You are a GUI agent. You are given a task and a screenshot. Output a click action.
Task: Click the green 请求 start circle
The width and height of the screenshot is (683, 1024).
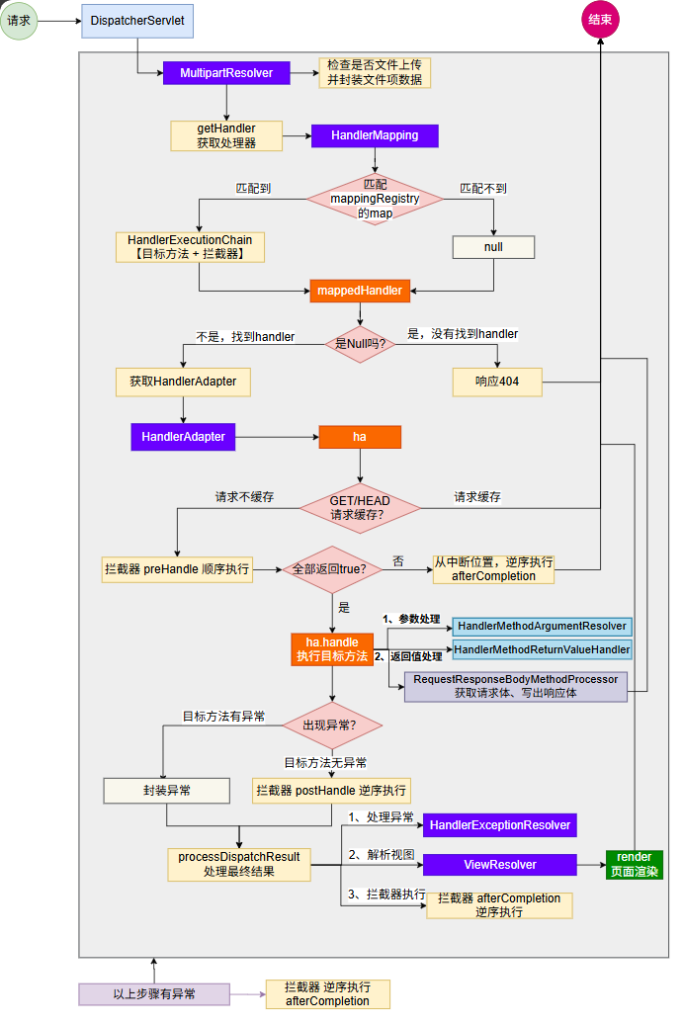tap(18, 19)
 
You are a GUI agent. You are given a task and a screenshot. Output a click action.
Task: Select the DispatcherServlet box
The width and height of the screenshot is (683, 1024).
tap(137, 21)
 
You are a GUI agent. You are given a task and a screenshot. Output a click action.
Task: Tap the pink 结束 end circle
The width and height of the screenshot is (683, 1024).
tap(601, 20)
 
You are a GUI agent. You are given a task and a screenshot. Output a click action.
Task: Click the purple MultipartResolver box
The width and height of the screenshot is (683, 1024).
tap(226, 73)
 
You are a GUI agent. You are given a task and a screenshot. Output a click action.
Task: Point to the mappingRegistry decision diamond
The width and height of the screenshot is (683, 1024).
tap(374, 200)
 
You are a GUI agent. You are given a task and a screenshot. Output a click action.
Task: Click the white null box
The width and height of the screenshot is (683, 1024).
tap(493, 247)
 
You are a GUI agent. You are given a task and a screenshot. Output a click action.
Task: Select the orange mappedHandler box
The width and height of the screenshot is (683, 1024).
tap(361, 291)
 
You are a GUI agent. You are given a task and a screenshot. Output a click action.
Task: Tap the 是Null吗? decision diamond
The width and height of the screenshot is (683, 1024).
tap(360, 343)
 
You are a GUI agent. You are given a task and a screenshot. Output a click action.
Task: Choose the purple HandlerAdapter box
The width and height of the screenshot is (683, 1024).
tap(183, 436)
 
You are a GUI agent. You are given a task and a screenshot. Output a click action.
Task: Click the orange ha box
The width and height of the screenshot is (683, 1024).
tap(359, 437)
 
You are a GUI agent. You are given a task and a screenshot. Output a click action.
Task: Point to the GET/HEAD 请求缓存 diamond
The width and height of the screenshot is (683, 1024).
tap(360, 507)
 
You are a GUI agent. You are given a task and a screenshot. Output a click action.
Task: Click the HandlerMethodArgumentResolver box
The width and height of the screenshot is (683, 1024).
tap(541, 626)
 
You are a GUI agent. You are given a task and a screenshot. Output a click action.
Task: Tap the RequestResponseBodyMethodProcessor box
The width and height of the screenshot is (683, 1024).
tap(516, 686)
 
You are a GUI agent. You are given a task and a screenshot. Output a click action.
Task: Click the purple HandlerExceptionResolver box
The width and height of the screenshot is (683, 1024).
tap(500, 825)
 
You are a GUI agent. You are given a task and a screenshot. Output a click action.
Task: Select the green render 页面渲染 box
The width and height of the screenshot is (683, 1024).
tap(634, 864)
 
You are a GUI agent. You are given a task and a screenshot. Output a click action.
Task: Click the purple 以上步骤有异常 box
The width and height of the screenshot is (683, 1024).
tap(154, 994)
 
